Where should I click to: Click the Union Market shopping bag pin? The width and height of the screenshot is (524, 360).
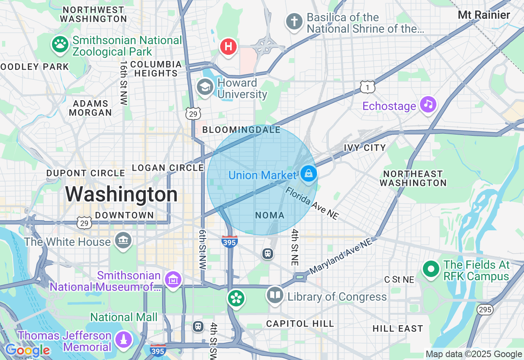pyautogui.click(x=309, y=173)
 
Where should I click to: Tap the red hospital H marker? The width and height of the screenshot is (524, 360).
pyautogui.click(x=228, y=47)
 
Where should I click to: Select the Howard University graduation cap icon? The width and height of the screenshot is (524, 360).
pyautogui.click(x=205, y=87)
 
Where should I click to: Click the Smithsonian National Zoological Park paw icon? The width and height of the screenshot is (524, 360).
pyautogui.click(x=61, y=45)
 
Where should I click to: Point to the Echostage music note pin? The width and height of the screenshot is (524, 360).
pyautogui.click(x=428, y=105)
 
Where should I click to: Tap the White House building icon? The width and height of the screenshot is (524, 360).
pyautogui.click(x=123, y=240)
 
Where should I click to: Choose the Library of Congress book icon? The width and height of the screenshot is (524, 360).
pyautogui.click(x=275, y=295)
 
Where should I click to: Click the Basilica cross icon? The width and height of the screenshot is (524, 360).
pyautogui.click(x=294, y=21)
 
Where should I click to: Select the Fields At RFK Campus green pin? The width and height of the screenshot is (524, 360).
pyautogui.click(x=431, y=269)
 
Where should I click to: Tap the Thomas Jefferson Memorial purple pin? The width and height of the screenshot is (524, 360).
pyautogui.click(x=123, y=339)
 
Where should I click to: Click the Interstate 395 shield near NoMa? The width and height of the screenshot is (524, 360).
pyautogui.click(x=229, y=241)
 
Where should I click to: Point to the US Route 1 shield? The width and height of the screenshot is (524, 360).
pyautogui.click(x=368, y=86)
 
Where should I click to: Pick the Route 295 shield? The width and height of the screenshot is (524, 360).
pyautogui.click(x=485, y=310)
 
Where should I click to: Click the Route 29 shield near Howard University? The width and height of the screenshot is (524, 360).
pyautogui.click(x=193, y=113)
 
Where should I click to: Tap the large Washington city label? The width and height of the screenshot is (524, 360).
pyautogui.click(x=121, y=194)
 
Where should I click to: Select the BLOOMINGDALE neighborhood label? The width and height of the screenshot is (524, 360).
pyautogui.click(x=242, y=130)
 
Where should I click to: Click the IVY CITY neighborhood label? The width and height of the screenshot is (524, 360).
pyautogui.click(x=364, y=148)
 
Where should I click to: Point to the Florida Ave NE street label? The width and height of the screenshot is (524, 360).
pyautogui.click(x=312, y=203)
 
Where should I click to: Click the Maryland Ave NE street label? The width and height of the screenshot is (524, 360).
pyautogui.click(x=341, y=256)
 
